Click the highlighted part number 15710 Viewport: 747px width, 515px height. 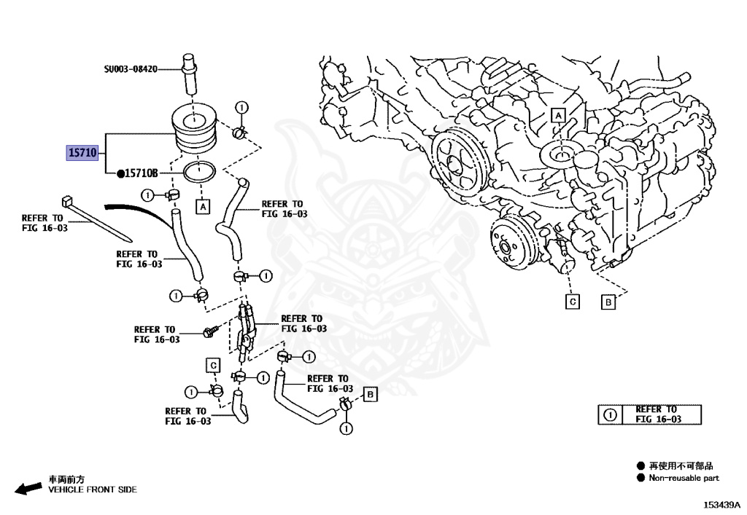point(82,153)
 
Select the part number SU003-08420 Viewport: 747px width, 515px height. point(131,69)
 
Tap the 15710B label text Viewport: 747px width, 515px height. point(141,173)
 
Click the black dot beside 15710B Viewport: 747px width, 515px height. point(120,174)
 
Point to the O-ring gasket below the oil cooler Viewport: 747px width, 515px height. point(198,172)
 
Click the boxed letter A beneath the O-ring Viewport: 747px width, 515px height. point(204,207)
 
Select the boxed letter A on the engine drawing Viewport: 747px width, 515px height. point(558,116)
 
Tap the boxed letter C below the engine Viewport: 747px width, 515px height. point(573,302)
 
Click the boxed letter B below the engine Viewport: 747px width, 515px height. point(608,302)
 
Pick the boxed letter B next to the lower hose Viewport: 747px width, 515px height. point(370,394)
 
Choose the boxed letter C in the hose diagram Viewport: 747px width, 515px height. point(213,365)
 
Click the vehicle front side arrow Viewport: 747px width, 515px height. point(28,488)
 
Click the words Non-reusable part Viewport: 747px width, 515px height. point(684,478)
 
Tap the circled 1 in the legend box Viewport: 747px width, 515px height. point(611,414)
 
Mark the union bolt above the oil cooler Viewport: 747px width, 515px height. point(190,75)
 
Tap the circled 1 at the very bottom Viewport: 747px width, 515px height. point(347,428)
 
